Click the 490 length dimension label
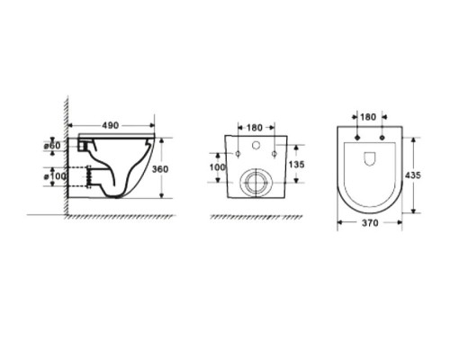click(x=111, y=125)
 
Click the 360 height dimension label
click(x=160, y=169)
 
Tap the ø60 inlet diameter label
click(x=52, y=146)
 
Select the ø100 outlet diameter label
click(x=55, y=176)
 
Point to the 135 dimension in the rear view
click(x=296, y=165)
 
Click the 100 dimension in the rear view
click(x=217, y=167)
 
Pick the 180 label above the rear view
click(x=255, y=128)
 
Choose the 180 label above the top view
click(x=368, y=117)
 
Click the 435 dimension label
click(x=413, y=175)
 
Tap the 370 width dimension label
click(x=370, y=223)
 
